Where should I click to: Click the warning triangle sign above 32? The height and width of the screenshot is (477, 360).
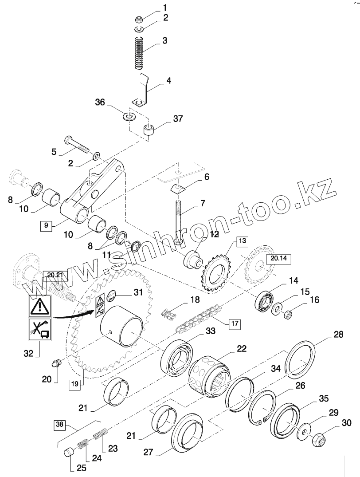click(38, 306)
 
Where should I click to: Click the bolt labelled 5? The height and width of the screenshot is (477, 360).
click(77, 143)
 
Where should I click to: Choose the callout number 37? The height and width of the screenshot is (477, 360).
click(177, 119)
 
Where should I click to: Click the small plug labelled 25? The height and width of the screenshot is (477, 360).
click(68, 455)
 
